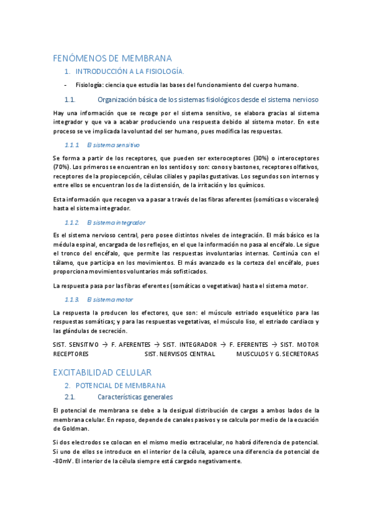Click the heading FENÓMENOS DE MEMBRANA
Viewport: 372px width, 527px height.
(112, 58)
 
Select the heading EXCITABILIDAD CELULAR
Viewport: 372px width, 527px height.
(102, 372)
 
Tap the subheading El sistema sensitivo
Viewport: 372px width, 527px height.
(114, 144)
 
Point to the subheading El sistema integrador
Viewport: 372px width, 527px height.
(117, 222)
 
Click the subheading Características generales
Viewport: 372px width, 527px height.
(135, 396)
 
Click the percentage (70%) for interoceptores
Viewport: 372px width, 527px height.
(61, 167)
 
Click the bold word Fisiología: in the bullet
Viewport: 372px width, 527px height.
(89, 85)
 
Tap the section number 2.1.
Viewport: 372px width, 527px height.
(70, 396)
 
